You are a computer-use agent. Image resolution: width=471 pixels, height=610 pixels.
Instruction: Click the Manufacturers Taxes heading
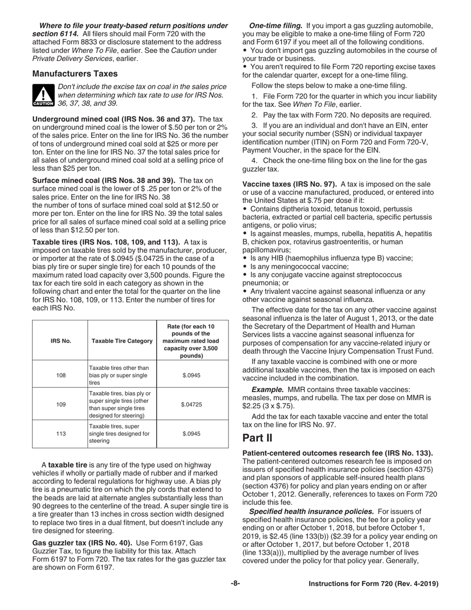(75, 74)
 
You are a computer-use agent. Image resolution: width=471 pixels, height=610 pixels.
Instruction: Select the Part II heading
(257, 438)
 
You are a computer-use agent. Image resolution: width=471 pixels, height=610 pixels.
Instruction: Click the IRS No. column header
(60, 341)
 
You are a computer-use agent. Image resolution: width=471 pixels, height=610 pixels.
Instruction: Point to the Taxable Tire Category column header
(121, 341)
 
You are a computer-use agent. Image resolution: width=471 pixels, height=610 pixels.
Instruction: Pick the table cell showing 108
(60, 375)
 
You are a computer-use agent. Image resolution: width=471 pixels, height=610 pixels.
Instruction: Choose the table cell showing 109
(60, 404)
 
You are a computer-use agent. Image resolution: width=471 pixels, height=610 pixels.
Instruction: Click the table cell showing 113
(60, 434)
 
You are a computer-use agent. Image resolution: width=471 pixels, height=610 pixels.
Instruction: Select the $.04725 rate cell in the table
(191, 404)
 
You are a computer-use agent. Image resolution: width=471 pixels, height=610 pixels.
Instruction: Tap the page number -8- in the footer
(235, 584)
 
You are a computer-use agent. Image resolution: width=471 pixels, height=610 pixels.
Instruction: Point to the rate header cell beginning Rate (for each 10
(191, 341)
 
